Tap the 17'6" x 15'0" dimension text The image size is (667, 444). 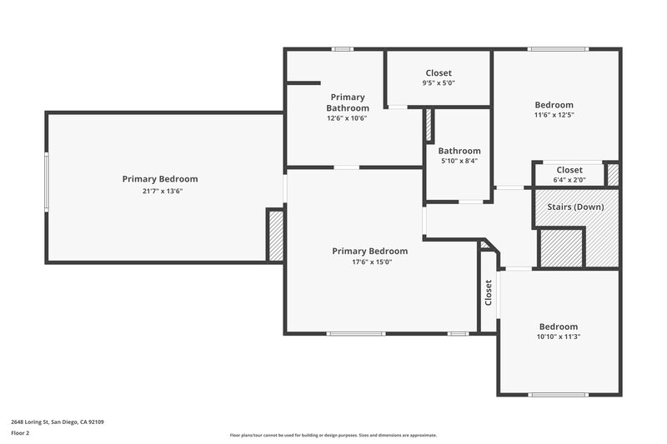pos(369,262)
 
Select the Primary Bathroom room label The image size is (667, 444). pos(347,102)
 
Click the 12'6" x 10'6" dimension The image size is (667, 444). pos(347,118)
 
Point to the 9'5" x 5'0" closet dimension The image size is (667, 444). pos(439,83)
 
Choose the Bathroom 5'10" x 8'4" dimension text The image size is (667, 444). pos(459,162)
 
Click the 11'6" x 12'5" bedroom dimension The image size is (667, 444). pos(554,115)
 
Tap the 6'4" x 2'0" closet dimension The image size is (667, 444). pos(569,180)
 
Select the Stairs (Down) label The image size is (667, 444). pos(575,206)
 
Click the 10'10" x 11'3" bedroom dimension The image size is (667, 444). pos(558,337)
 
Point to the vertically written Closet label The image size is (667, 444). pos(489,292)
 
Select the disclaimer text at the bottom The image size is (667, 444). pos(333,435)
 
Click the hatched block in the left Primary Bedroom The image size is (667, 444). pos(275,236)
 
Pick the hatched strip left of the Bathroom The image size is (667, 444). pos(429,124)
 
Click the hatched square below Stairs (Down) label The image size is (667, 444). pos(560,247)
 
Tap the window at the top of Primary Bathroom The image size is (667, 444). pos(341,49)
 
